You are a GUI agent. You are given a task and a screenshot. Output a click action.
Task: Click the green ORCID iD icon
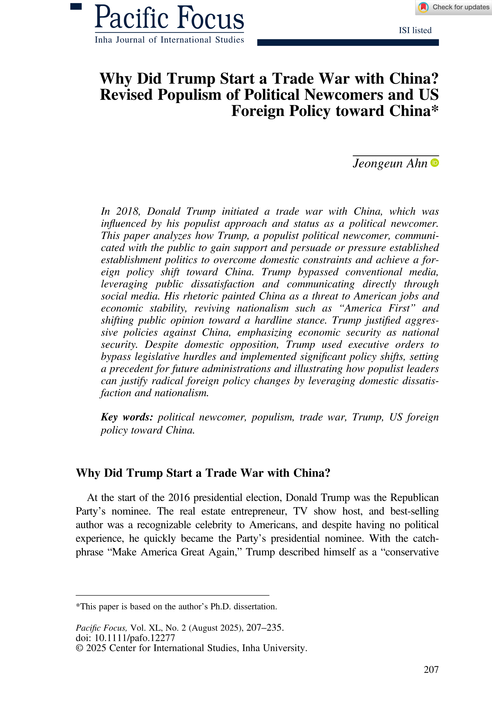coord(435,163)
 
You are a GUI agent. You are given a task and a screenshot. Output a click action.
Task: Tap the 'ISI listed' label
coord(415,30)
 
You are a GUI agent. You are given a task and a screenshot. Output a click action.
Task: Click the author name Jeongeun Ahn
coord(390,164)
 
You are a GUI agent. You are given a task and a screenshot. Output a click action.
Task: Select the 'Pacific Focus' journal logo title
coord(169,18)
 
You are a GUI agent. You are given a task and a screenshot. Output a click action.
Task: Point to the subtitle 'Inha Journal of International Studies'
coord(169,40)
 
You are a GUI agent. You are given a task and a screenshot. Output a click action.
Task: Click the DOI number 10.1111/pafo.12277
coord(135,638)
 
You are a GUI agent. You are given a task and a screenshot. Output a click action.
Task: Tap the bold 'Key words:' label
coord(127,417)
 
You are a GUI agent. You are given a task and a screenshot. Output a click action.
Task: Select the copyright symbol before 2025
coord(79,648)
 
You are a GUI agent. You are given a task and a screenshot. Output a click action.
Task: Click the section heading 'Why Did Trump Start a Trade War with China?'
coord(203,473)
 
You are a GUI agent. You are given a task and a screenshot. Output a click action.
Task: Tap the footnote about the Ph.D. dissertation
coord(176,606)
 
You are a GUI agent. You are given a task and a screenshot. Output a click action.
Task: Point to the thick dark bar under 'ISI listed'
coord(348,43)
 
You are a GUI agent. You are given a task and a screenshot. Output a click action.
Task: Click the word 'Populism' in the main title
coord(189,95)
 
